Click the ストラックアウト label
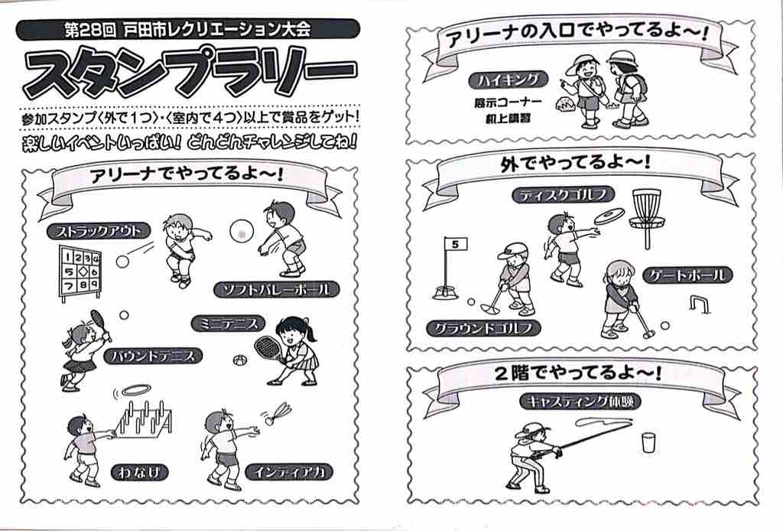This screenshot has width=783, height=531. (x=99, y=231)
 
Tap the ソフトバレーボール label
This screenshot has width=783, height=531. (x=277, y=289)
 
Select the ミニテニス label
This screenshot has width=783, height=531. (x=228, y=324)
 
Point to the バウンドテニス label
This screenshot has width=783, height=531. (x=153, y=356)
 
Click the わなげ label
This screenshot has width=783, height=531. (x=139, y=472)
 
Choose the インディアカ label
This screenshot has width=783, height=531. (x=289, y=472)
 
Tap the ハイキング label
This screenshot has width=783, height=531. (x=508, y=80)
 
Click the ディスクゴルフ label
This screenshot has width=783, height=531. (x=563, y=195)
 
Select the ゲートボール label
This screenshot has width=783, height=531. (x=687, y=275)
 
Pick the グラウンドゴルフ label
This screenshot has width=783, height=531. (x=484, y=328)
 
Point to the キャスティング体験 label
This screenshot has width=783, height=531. (x=580, y=401)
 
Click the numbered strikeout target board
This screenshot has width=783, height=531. (x=80, y=272)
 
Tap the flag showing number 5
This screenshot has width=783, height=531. (x=455, y=245)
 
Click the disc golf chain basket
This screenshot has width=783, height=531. (x=647, y=217)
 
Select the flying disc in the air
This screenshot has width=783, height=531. (x=609, y=216)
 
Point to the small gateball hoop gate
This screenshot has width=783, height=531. (x=699, y=304)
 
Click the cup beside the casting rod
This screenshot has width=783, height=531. (x=648, y=442)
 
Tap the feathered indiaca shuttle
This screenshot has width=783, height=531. (x=277, y=412)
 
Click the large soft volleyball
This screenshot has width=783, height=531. (x=242, y=231)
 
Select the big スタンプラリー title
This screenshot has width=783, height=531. (x=191, y=72)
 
